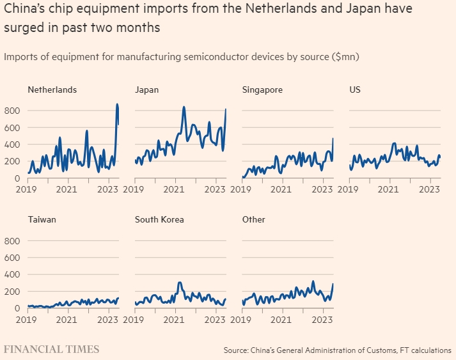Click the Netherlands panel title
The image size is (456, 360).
tap(52, 90)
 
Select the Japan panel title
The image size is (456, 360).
tap(146, 90)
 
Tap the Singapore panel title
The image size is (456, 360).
tap(262, 90)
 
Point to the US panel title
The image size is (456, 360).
tap(355, 90)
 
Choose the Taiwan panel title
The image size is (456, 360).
tap(42, 219)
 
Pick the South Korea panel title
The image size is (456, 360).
tap(159, 219)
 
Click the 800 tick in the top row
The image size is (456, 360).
tap(13, 111)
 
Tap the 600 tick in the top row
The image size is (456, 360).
tap(13, 127)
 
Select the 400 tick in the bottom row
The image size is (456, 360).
tap(13, 274)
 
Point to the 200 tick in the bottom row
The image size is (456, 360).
tap(13, 292)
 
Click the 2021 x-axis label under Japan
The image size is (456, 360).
tap(175, 189)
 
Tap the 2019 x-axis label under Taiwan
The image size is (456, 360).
tap(26, 318)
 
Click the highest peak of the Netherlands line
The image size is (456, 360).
tap(117, 104)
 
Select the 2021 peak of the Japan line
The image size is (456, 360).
tap(184, 107)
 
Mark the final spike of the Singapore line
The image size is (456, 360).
tap(333, 138)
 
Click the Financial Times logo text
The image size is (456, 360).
tap(52, 349)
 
